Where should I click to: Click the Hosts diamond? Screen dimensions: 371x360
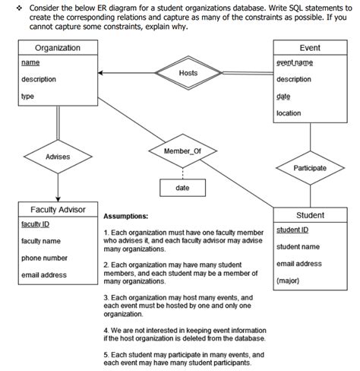(x=188, y=73)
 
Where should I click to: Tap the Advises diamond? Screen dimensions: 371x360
(x=58, y=156)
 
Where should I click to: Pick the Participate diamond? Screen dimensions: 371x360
(x=309, y=167)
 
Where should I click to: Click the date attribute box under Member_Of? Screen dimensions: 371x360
(x=182, y=187)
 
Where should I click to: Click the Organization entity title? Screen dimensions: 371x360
(x=58, y=48)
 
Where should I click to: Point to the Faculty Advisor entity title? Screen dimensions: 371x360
(x=58, y=209)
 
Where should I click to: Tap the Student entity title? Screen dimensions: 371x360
(x=309, y=215)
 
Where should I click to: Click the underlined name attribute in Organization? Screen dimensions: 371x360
(x=31, y=62)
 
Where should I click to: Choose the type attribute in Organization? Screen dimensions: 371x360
(x=28, y=97)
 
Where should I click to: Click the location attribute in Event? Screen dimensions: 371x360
(x=289, y=113)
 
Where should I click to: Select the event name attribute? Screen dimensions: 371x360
(x=295, y=63)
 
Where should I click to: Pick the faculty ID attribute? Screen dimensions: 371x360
(x=36, y=224)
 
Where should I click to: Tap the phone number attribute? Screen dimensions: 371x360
(x=44, y=258)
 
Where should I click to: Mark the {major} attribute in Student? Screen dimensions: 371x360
(x=289, y=281)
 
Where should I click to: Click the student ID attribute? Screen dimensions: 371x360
(x=292, y=230)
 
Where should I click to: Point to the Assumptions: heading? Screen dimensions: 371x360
(x=125, y=216)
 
